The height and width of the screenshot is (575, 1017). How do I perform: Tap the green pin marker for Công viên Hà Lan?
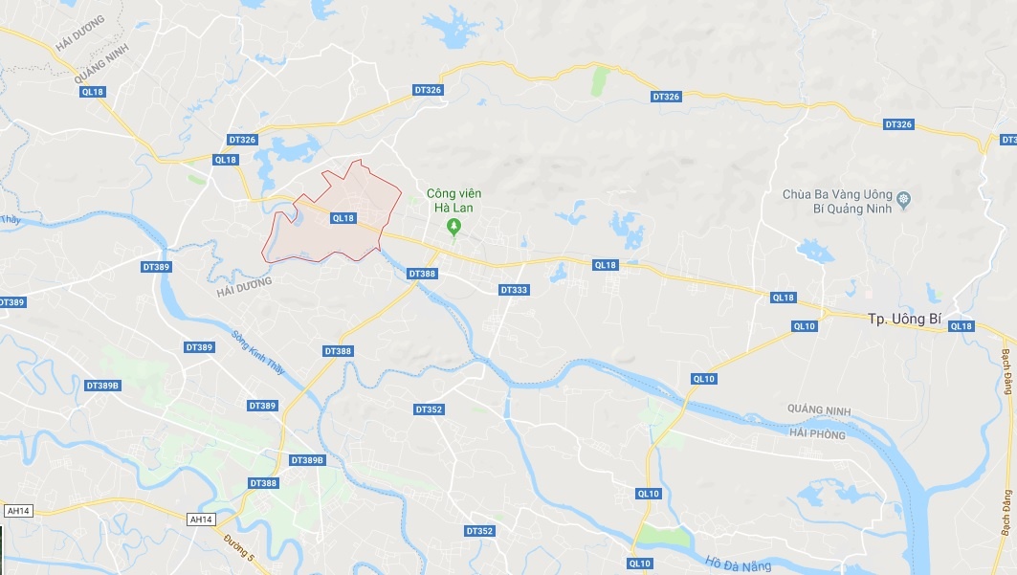point(454,227)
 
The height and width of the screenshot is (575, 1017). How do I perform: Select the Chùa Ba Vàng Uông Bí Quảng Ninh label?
point(837,201)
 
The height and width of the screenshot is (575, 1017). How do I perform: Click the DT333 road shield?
point(514,289)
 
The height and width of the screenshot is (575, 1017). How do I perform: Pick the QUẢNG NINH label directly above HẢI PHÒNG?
point(817,410)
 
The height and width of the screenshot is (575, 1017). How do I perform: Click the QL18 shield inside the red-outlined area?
point(343,218)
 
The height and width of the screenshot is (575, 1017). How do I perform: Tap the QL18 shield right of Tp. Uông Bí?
point(961,326)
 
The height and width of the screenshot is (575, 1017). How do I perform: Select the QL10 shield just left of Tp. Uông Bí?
point(804,325)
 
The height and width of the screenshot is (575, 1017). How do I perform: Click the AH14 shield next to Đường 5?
point(201,519)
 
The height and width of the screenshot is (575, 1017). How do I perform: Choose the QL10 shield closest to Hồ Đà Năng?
point(640,563)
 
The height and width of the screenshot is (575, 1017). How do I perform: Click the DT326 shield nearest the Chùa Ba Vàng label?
point(898,124)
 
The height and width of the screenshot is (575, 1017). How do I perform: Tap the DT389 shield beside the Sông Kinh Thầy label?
point(199,346)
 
